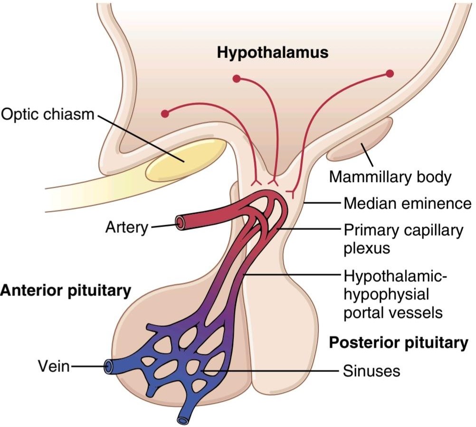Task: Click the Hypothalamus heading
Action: pos(273,53)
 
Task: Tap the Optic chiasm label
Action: pos(48,114)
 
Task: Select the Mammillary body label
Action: pos(390,177)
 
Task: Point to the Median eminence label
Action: pos(408,203)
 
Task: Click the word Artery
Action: pos(127,227)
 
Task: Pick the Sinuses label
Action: pos(371,370)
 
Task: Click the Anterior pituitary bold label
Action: pos(66,291)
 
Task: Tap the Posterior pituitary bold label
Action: pos(399,342)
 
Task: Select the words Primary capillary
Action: pos(403,231)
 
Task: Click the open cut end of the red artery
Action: pos(180,223)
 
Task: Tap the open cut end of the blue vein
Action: pos(108,366)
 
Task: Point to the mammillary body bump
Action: pos(360,140)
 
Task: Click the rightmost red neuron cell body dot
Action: pos(390,74)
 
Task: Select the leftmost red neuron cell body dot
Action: pos(165,114)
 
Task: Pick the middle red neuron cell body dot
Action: pos(237,79)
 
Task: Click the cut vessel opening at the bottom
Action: pos(182,420)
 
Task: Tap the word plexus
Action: pos(367,248)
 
